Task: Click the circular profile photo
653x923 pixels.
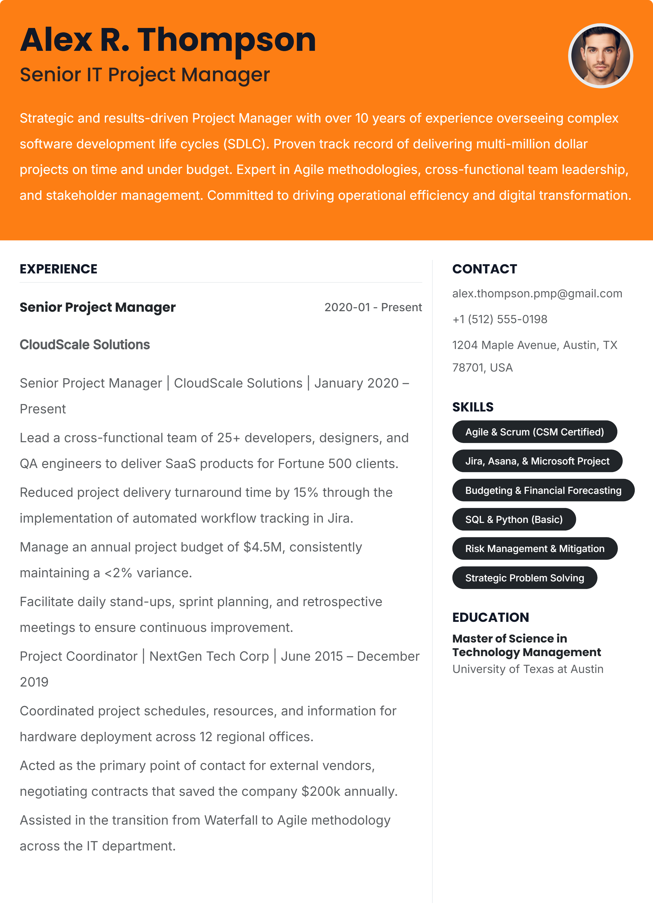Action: point(600,56)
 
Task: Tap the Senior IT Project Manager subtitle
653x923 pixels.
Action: point(145,75)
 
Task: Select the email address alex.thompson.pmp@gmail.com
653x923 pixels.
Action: point(537,294)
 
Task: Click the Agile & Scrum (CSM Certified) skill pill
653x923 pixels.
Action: point(534,432)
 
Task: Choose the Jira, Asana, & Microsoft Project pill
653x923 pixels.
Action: point(537,461)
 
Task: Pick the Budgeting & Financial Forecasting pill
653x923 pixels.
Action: point(543,490)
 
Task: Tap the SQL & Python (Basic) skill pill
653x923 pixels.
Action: point(513,519)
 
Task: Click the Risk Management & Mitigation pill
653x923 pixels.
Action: point(534,549)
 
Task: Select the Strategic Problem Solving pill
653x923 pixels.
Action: point(524,578)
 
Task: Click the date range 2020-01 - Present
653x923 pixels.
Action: point(373,307)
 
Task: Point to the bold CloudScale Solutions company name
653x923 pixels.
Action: point(85,345)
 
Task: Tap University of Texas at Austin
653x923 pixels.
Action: point(528,669)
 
